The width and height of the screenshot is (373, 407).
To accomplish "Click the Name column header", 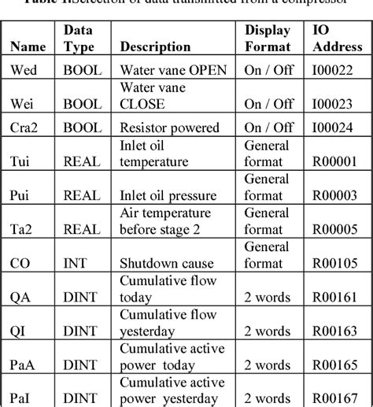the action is click(28, 46).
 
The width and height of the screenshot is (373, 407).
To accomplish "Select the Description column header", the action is click(154, 46).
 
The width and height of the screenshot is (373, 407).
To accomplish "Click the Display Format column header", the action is click(268, 39).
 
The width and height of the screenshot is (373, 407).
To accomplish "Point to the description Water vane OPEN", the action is click(173, 70).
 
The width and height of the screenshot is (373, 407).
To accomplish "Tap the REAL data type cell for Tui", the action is click(81, 161).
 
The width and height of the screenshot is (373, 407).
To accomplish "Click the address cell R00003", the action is click(336, 195).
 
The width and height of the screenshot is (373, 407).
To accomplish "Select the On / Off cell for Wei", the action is click(268, 104).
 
